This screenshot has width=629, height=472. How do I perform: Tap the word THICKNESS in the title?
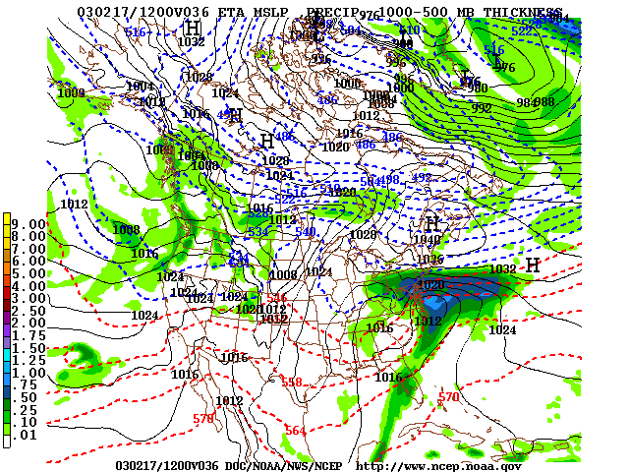tap(530, 11)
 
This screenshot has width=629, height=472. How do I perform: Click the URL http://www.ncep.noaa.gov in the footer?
tap(438, 465)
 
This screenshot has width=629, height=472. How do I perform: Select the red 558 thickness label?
tap(292, 383)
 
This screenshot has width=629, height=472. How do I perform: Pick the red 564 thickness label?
tap(295, 431)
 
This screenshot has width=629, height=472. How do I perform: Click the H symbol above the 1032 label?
tap(193, 27)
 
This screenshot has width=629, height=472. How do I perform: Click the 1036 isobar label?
tap(429, 260)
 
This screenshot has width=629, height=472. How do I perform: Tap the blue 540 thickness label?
tap(305, 232)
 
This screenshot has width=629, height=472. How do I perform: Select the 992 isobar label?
tap(482, 108)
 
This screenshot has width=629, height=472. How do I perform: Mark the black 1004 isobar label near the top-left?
tap(141, 87)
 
